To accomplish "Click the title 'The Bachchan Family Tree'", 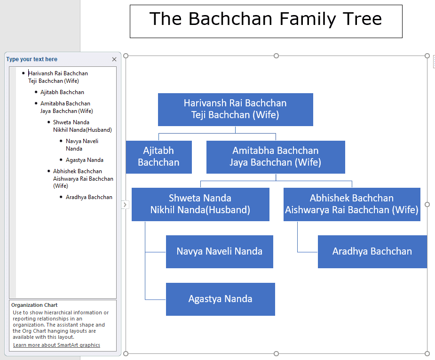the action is pyautogui.click(x=266, y=19).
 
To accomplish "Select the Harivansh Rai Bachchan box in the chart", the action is pyautogui.click(x=236, y=109).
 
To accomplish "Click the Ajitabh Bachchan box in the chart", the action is pyautogui.click(x=158, y=157).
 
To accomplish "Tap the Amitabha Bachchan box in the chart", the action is pyautogui.click(x=276, y=157).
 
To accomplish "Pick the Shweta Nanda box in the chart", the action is pyautogui.click(x=200, y=204).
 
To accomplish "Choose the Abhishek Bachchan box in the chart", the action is pyautogui.click(x=352, y=204).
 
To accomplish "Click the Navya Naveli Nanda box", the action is pyautogui.click(x=220, y=252).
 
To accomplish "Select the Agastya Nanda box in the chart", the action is pyautogui.click(x=220, y=299).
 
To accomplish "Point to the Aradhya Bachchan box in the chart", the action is pyautogui.click(x=372, y=252).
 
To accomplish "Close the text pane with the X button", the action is pyautogui.click(x=114, y=59).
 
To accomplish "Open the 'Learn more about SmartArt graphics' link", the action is pyautogui.click(x=56, y=345).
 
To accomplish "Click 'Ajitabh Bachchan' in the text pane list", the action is pyautogui.click(x=62, y=92).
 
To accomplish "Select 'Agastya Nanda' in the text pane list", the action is pyautogui.click(x=84, y=160).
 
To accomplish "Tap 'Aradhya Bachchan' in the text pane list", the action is pyautogui.click(x=89, y=197).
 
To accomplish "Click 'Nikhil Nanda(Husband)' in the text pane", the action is pyautogui.click(x=82, y=129).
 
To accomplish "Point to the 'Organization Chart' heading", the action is pyautogui.click(x=34, y=305).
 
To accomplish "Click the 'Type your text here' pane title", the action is pyautogui.click(x=32, y=59).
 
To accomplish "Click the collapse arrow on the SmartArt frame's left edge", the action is pyautogui.click(x=125, y=205).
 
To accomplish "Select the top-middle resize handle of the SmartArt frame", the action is pyautogui.click(x=276, y=56).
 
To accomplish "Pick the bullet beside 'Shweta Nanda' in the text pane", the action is pyautogui.click(x=49, y=122).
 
